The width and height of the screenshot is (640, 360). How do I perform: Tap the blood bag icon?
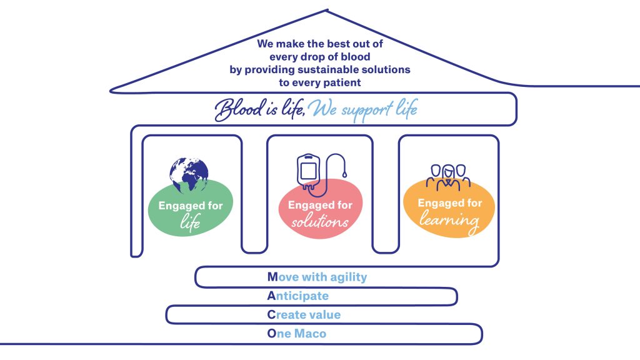pos(311,169)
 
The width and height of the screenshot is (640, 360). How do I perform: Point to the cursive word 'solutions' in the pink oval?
pos(320,222)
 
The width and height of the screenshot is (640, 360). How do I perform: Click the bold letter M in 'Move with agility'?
pos(272,276)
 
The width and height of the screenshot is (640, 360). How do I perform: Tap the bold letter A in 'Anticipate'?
pos(271,296)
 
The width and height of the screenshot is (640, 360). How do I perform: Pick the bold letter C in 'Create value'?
pos(271,315)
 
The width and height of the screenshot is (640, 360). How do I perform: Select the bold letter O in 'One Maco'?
pos(271,334)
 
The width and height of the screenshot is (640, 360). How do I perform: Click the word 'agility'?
pos(346,277)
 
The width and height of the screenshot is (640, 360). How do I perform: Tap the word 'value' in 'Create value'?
pos(325,315)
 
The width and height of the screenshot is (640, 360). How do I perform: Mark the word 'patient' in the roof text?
pos(341,82)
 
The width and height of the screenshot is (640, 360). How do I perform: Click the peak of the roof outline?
pos(327,10)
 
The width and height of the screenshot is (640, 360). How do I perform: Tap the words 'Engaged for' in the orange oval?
pos(450,203)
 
